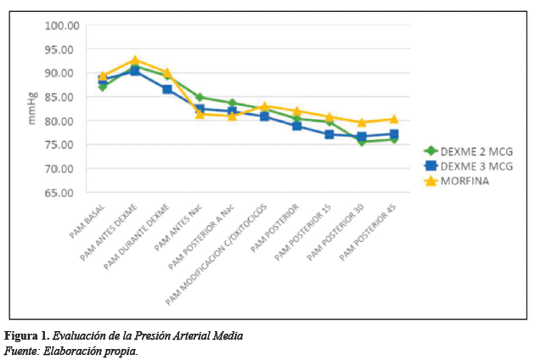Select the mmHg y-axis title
32,109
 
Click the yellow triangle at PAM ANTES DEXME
135,60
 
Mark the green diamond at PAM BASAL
103,87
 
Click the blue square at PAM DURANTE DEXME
167,89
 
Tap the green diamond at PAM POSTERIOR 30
362,141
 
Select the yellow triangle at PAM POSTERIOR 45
394,119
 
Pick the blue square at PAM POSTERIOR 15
329,134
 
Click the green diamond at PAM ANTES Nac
200,97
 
